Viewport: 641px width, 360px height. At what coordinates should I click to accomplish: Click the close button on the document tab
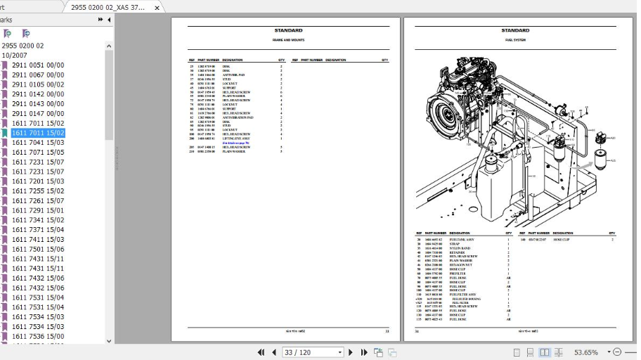[157, 7]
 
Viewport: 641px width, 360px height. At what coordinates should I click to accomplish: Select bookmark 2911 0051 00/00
[37, 65]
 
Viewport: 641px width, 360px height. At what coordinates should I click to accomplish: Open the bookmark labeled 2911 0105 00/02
[37, 84]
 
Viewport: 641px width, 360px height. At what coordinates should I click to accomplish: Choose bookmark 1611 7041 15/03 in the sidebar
[37, 143]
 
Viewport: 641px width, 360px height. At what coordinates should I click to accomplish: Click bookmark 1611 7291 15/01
[37, 210]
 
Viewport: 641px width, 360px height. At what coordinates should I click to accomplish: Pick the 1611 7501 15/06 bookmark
[37, 249]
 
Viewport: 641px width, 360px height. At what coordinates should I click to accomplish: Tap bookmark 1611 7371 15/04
[37, 230]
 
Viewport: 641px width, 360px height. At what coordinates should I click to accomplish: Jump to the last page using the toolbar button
[364, 352]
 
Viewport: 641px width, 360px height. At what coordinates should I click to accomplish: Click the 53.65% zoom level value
[585, 352]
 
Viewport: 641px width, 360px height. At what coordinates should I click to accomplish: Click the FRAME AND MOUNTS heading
[288, 40]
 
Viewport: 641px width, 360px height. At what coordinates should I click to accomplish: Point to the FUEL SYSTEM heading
[515, 40]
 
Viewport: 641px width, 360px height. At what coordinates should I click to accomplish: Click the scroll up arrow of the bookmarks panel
[109, 46]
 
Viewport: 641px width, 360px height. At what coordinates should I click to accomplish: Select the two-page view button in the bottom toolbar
[544, 352]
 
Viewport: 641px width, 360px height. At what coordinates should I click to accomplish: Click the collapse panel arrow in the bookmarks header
[109, 20]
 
